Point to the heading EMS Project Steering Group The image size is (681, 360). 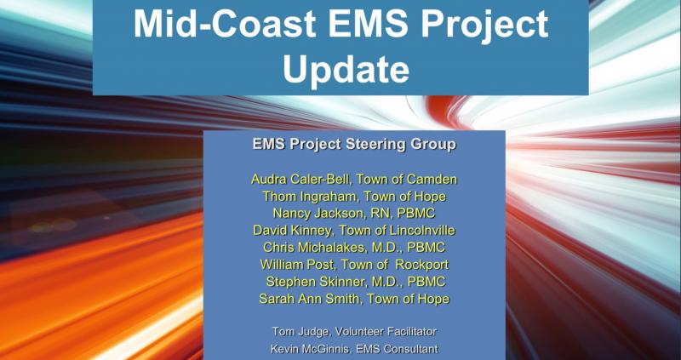pyautogui.click(x=354, y=145)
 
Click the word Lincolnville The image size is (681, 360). pyautogui.click(x=422, y=230)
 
